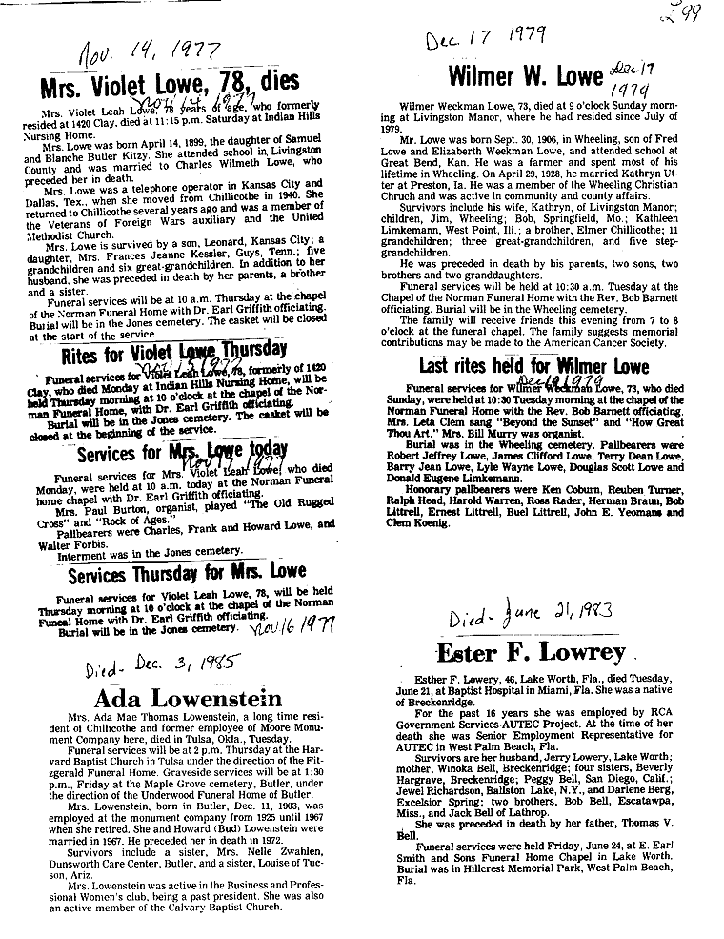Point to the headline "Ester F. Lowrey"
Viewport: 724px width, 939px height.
pos(531,654)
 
